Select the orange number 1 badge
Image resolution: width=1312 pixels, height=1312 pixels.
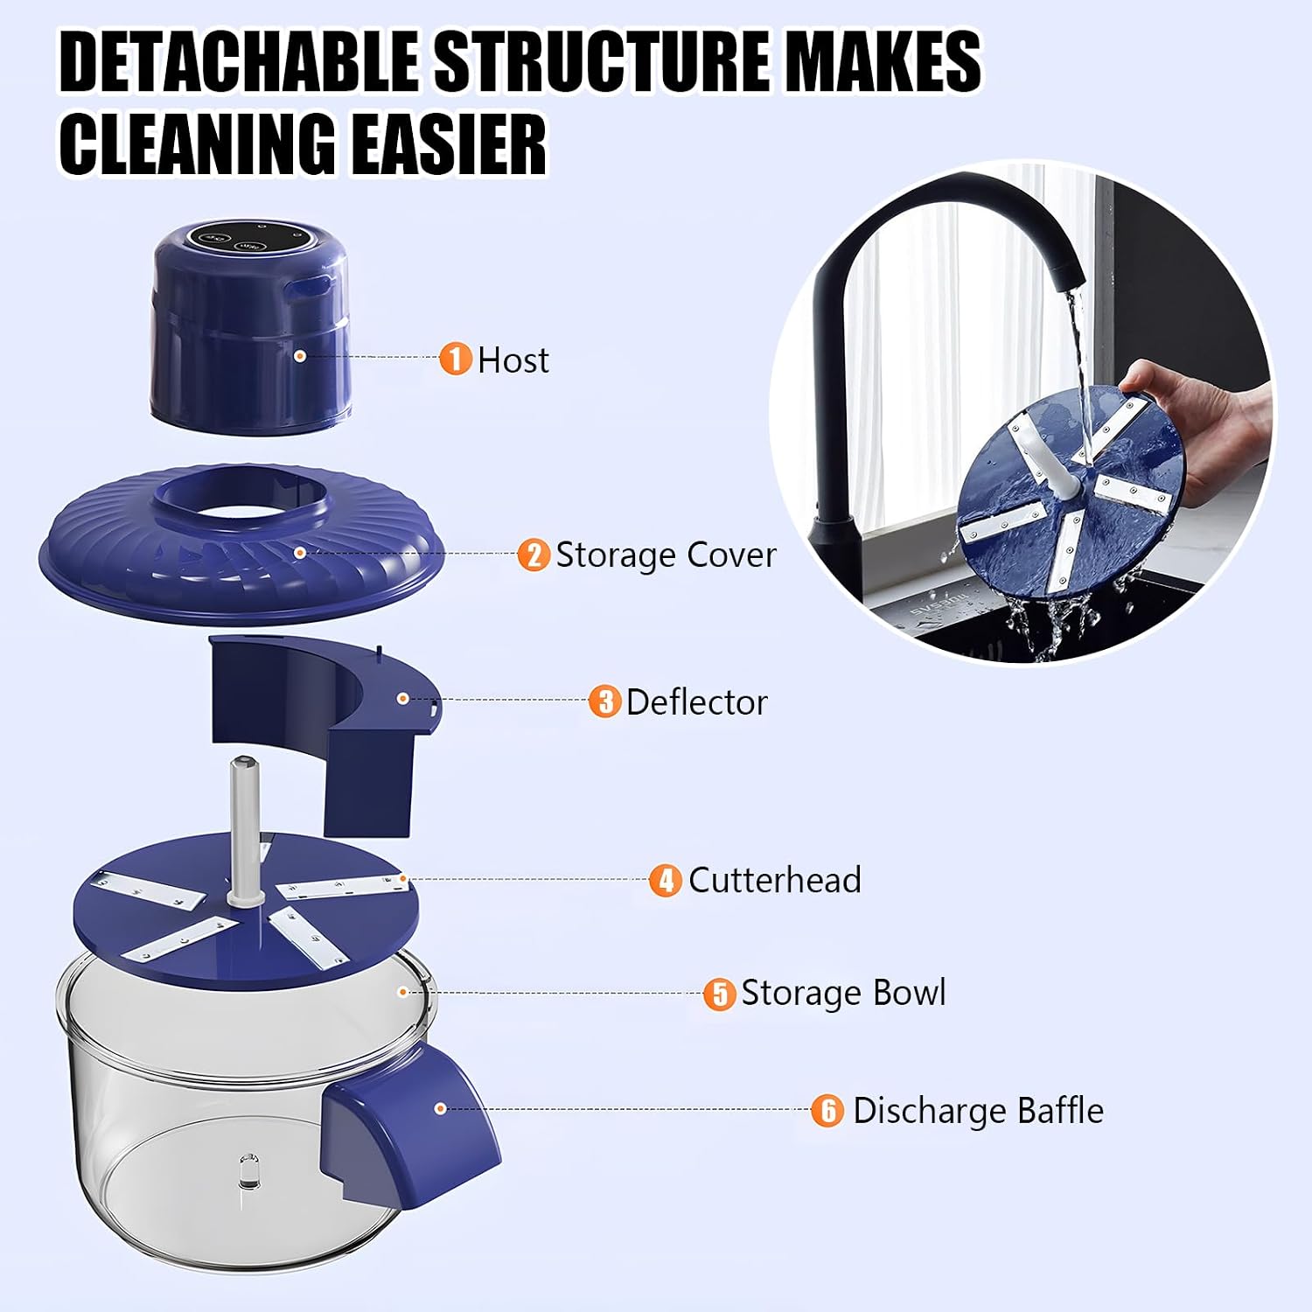click(455, 359)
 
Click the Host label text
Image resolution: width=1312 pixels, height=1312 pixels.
click(513, 359)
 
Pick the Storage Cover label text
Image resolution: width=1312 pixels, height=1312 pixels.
click(666, 555)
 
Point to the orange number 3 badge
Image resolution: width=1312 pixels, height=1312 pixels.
click(604, 701)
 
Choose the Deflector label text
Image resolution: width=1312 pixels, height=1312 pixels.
click(697, 701)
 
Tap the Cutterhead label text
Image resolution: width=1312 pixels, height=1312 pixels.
click(775, 880)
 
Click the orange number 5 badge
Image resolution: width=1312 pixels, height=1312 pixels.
click(719, 994)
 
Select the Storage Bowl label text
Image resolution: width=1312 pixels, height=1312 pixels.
click(843, 993)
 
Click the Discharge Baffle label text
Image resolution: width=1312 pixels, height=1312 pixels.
click(978, 1111)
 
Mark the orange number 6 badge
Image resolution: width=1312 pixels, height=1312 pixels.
click(827, 1111)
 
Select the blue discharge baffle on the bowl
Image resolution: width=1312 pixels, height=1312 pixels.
click(409, 1120)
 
